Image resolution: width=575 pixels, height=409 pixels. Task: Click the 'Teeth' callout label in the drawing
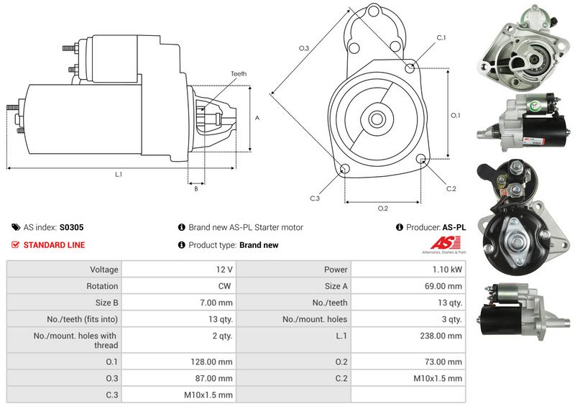pos(239,74)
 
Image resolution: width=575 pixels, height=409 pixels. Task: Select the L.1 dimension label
pos(119,175)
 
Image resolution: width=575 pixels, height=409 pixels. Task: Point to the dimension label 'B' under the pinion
pos(195,189)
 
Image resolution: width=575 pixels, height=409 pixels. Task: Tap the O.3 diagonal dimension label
pos(303,48)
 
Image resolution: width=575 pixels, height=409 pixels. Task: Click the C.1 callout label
pos(441,37)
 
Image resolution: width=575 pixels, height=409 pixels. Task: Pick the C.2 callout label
pos(451,188)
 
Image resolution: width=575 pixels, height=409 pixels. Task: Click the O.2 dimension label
pos(382,208)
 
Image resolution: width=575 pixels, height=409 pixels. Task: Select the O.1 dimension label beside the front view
pos(455,115)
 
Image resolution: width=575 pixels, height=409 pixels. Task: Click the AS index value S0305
pos(71,227)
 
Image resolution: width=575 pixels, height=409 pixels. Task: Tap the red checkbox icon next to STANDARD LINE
pos(15,245)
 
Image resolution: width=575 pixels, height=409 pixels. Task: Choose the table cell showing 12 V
pos(224,270)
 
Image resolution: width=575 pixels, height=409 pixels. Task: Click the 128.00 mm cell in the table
pos(215,362)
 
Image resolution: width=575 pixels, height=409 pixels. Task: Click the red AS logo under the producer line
pos(448,242)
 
